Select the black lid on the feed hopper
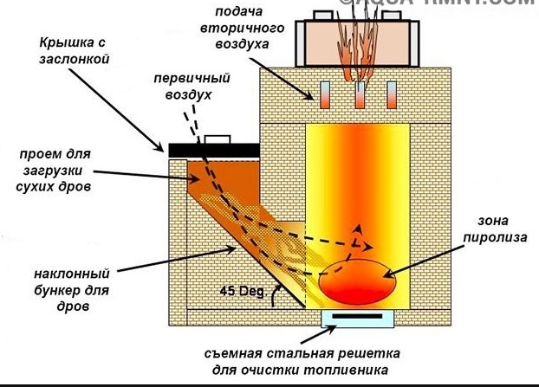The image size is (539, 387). point(212,150)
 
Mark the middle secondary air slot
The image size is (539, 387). point(358,95)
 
